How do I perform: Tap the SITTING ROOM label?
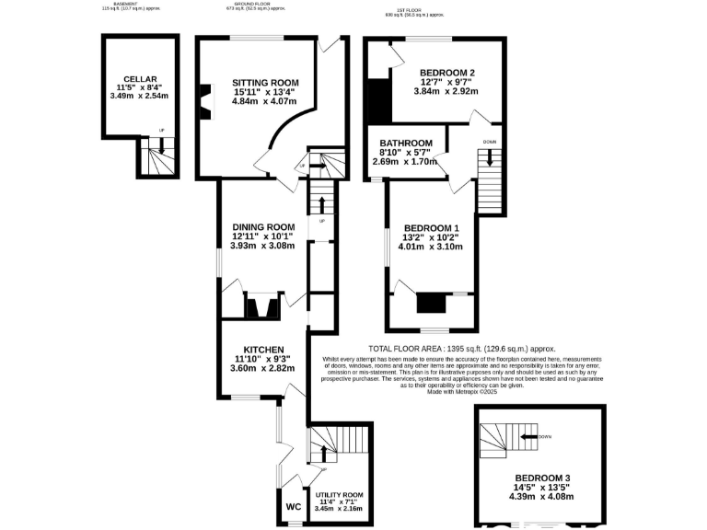(265, 83)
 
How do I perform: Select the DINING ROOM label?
(263, 227)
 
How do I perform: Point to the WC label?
(293, 507)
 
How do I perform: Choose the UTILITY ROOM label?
(339, 495)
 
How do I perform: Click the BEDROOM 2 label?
(446, 73)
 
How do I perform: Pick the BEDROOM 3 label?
(542, 478)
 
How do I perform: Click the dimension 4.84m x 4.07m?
(265, 101)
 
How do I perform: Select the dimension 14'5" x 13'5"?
(542, 488)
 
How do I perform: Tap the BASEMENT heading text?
(126, 4)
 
